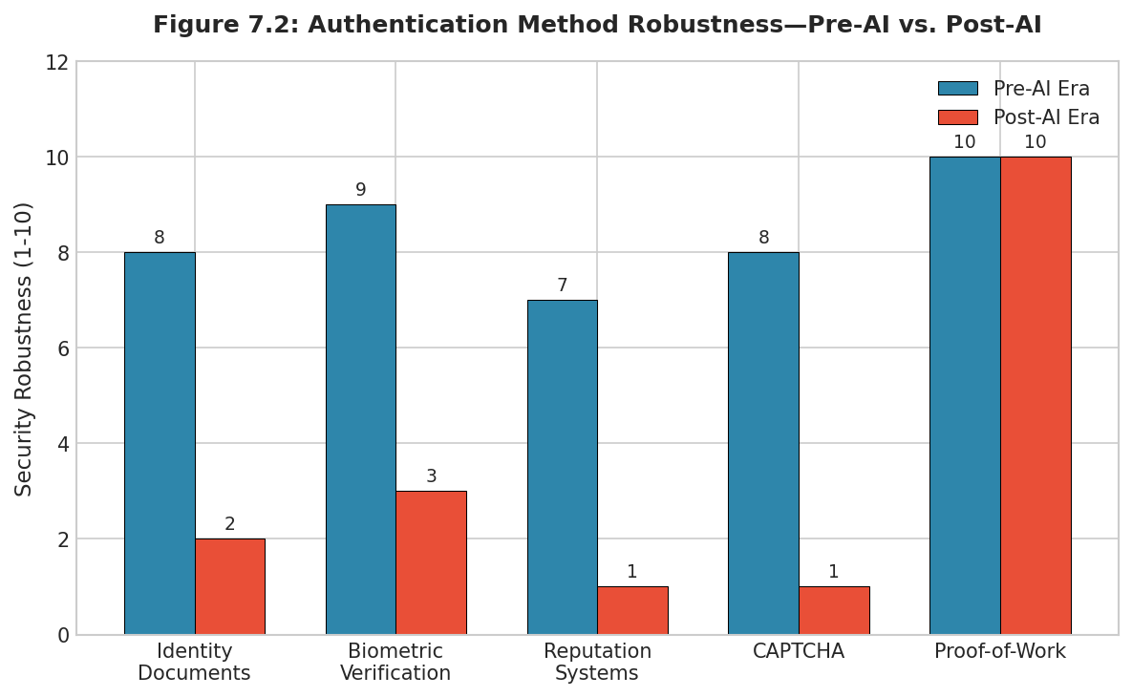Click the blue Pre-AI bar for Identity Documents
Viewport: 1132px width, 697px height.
[x=160, y=443]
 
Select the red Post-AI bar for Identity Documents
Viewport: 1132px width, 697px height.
[x=229, y=586]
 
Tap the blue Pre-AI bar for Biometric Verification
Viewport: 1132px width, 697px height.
[x=360, y=419]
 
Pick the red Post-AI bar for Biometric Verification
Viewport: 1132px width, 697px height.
[x=431, y=562]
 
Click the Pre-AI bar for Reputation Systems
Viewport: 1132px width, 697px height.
[x=562, y=467]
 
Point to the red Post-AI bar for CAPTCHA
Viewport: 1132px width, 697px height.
[x=834, y=610]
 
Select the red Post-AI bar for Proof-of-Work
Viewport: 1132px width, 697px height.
[x=1036, y=395]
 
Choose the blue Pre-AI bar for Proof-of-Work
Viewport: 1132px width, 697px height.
[x=965, y=395]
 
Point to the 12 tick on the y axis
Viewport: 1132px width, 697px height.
[x=56, y=62]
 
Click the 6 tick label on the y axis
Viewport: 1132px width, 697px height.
[x=62, y=348]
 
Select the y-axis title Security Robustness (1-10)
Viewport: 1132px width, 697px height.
[x=24, y=348]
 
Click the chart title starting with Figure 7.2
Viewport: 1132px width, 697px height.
[x=597, y=26]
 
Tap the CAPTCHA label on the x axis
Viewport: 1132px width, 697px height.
[x=799, y=652]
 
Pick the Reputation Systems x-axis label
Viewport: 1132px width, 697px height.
[x=597, y=663]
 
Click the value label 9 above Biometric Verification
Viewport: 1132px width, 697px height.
[x=360, y=190]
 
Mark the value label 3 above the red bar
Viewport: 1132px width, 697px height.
[x=431, y=476]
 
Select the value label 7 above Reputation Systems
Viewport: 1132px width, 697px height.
[x=562, y=285]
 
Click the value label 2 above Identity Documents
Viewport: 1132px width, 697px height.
[x=229, y=524]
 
